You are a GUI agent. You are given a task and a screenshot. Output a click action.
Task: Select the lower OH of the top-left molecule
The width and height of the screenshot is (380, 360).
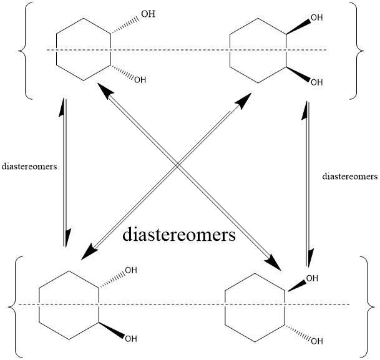pyautogui.click(x=140, y=80)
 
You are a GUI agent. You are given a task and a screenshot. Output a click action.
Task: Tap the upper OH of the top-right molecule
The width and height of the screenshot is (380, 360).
pyautogui.click(x=316, y=17)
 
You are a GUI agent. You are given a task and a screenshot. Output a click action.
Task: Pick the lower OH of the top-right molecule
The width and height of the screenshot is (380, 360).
pyautogui.click(x=316, y=82)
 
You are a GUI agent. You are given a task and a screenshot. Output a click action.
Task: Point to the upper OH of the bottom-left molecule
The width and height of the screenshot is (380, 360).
pyautogui.click(x=131, y=270)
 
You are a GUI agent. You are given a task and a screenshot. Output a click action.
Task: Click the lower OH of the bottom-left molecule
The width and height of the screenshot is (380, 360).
pyautogui.click(x=131, y=339)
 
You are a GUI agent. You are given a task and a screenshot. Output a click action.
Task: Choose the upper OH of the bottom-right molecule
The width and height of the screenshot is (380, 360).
pyautogui.click(x=312, y=278)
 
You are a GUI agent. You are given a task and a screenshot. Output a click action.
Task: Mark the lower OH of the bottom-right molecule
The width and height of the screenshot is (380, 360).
pyautogui.click(x=316, y=341)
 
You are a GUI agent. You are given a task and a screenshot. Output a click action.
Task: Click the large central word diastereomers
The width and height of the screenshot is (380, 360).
pyautogui.click(x=178, y=235)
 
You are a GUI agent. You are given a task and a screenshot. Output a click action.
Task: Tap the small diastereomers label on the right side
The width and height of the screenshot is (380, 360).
pyautogui.click(x=349, y=177)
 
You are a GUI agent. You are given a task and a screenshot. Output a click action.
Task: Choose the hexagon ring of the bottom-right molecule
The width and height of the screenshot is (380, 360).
pyautogui.click(x=255, y=305)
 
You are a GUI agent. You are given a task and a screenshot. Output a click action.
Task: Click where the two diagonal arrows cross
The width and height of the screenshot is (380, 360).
pyautogui.click(x=178, y=164)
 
